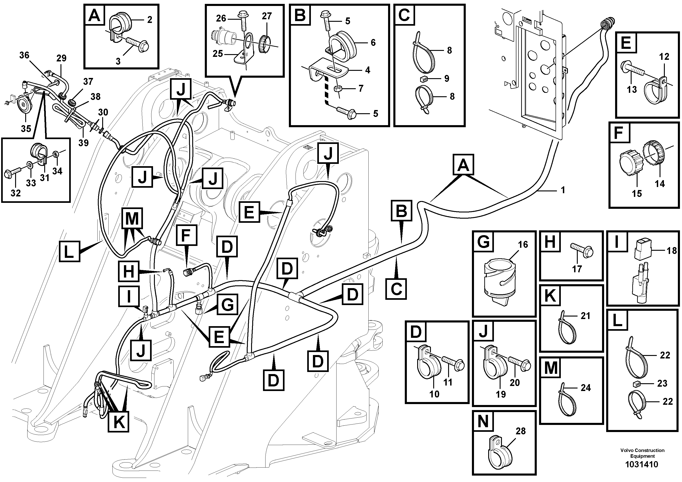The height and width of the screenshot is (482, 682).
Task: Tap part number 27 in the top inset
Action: pyautogui.click(x=267, y=16)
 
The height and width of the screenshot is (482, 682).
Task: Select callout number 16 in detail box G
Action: pyautogui.click(x=523, y=245)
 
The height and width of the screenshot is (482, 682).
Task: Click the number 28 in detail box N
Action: pyautogui.click(x=521, y=431)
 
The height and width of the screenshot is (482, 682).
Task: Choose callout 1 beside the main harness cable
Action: pyautogui.click(x=563, y=190)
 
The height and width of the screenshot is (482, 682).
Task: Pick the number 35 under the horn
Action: pyautogui.click(x=26, y=129)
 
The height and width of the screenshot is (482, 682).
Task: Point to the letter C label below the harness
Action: pyautogui.click(x=396, y=289)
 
